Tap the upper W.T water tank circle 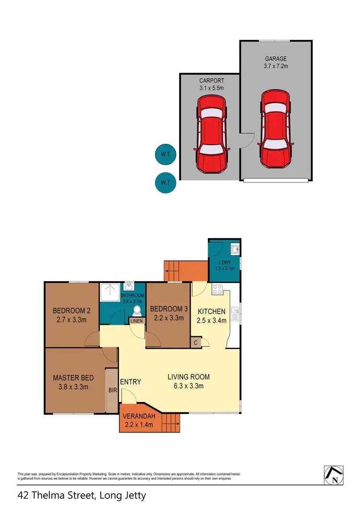pos(165,154)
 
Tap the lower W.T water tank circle pos(165,183)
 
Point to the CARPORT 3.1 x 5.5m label pos(211,84)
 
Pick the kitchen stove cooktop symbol pos(217,289)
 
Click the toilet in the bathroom pos(137,309)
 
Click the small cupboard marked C pos(196,343)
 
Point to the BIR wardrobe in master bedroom pos(112,390)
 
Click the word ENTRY pos(131,382)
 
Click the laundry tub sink pos(234,249)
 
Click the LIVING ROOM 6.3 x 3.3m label pos(189,381)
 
